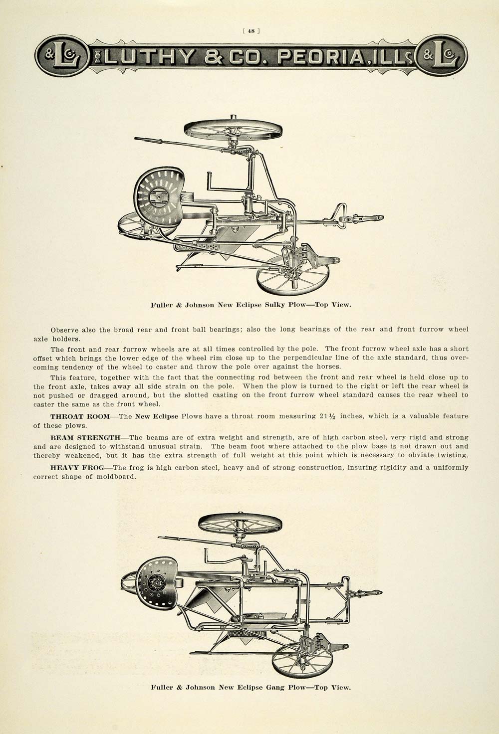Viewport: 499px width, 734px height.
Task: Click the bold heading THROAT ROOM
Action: tap(78, 416)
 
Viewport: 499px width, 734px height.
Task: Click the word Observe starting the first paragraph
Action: tap(64, 329)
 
